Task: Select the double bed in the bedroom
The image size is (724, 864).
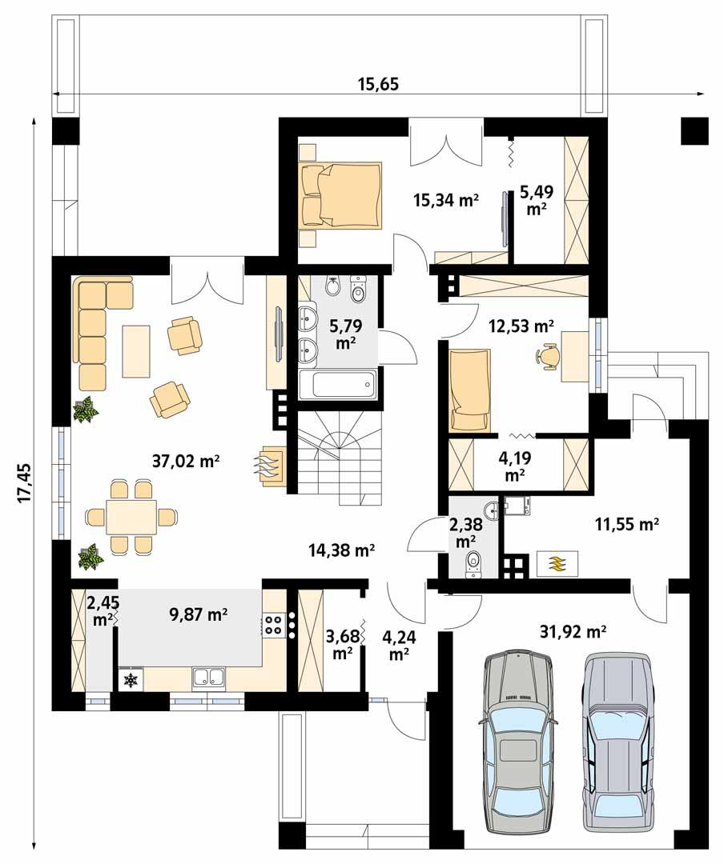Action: pos(338,195)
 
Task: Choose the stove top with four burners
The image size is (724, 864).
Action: pos(273,624)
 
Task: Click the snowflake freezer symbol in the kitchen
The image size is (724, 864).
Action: pos(129,680)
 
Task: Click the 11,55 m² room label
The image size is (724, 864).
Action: pos(626,524)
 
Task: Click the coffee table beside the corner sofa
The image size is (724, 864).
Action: pos(136,350)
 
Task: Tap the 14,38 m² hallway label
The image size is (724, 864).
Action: pos(342,550)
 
